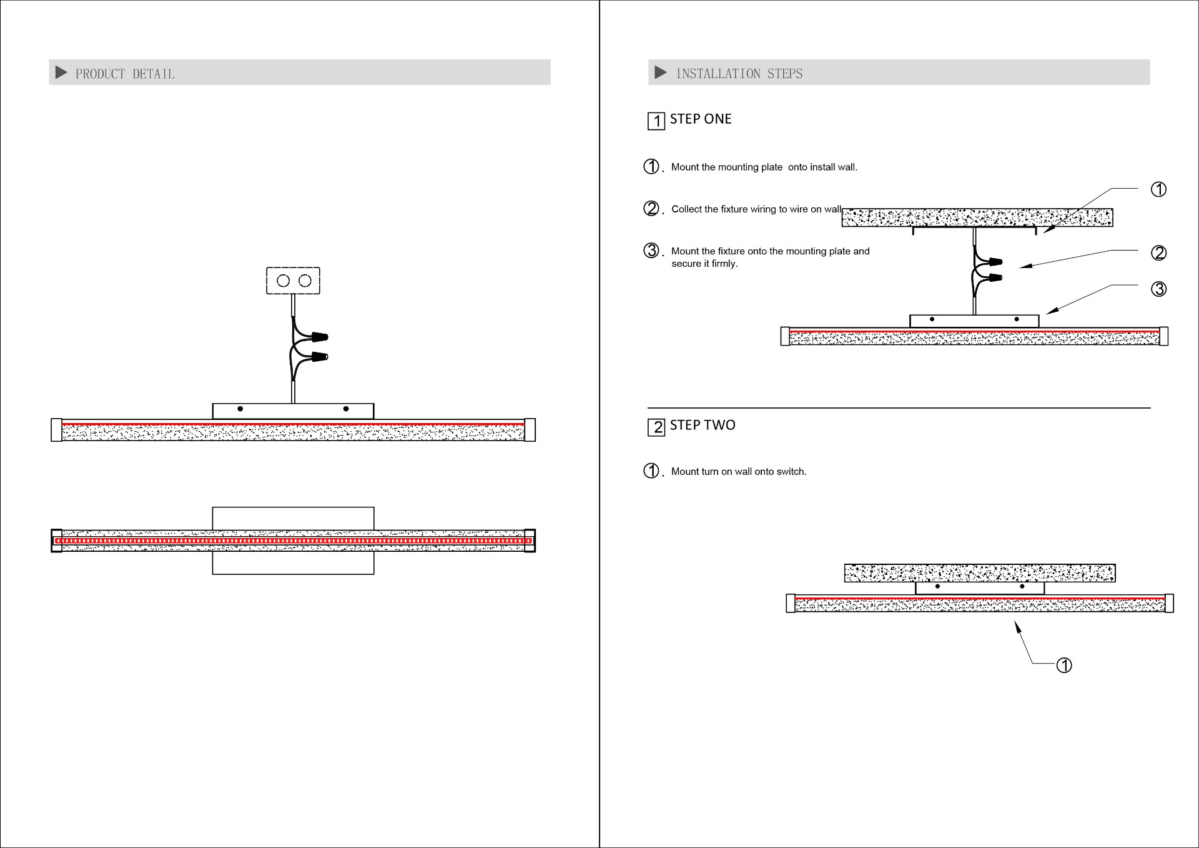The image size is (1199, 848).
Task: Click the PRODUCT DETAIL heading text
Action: (125, 74)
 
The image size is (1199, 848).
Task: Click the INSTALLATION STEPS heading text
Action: (739, 74)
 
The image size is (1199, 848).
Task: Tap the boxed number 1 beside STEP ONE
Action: (656, 121)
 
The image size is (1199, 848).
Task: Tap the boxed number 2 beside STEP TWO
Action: (656, 427)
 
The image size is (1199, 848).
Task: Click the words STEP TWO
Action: (703, 425)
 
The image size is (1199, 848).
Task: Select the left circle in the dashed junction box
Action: (283, 281)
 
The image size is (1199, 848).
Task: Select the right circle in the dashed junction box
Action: (305, 281)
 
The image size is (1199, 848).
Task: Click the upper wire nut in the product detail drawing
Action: (320, 337)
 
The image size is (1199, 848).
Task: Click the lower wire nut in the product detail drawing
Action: (320, 357)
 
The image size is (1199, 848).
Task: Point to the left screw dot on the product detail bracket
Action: (240, 409)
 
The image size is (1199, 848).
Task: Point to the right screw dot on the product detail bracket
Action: (346, 409)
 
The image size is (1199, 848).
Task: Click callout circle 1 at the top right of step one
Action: (1158, 189)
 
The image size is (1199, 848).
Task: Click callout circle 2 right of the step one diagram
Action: (1158, 252)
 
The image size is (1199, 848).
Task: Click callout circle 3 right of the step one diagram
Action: (1158, 289)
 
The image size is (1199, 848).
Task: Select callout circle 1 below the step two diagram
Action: (1064, 666)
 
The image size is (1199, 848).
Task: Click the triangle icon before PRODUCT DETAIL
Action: (61, 72)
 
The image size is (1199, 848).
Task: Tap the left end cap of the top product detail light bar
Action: (56, 430)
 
